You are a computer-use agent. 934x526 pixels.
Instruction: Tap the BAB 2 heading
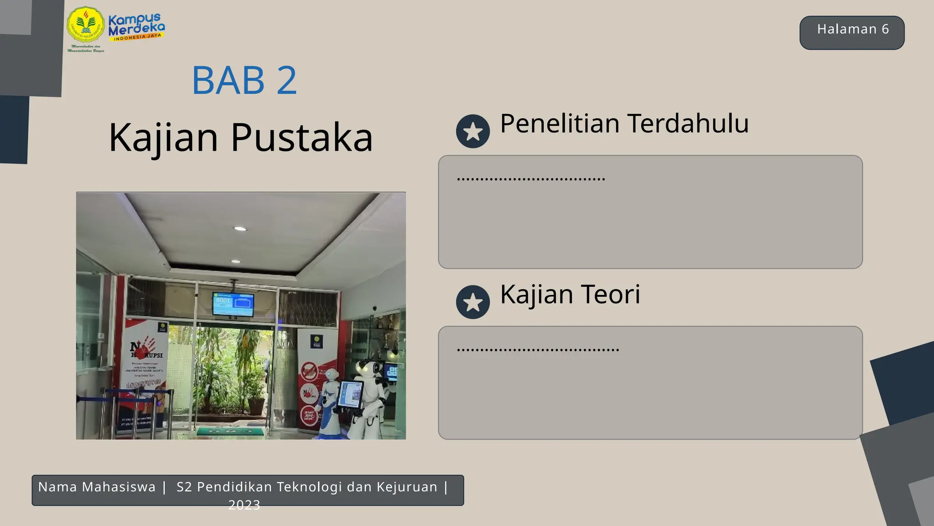coord(244,80)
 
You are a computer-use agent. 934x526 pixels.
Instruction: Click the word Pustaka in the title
coord(302,137)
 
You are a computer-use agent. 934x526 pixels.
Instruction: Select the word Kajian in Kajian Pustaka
coord(163,137)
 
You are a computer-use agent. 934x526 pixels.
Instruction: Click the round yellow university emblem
coord(85,26)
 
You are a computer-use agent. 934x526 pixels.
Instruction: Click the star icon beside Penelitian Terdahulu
coord(473,131)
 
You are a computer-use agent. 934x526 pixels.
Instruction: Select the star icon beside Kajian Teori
coord(473,302)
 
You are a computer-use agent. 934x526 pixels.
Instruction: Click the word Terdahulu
coord(688,123)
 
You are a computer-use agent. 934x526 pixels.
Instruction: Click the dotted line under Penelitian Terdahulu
coord(531,179)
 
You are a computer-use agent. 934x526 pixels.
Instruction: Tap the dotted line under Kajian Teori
coord(538,350)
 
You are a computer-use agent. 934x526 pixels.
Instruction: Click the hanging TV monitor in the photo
coord(233,304)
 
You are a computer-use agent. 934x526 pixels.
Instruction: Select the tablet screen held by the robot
coord(351,394)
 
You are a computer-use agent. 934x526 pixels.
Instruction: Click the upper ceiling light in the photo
coord(240,228)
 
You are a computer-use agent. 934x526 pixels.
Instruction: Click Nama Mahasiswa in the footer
coord(97,487)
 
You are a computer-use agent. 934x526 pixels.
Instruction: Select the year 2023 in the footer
coord(244,505)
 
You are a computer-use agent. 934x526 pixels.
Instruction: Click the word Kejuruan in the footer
coord(407,487)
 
